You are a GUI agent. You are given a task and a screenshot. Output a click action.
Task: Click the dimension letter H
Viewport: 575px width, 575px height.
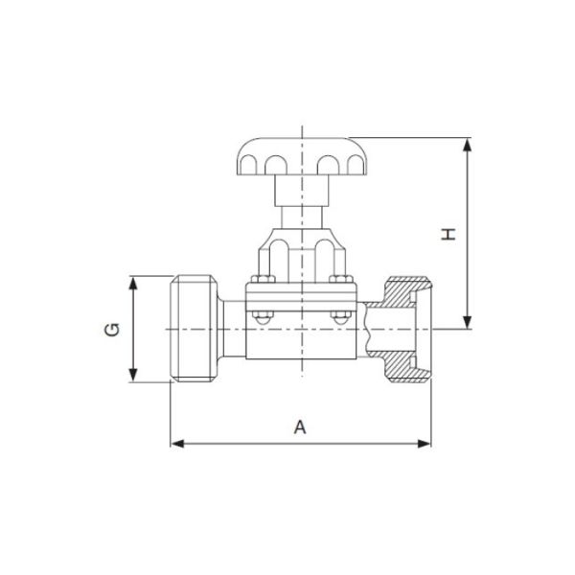tap(448, 233)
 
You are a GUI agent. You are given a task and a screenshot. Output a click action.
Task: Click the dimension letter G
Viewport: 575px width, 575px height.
tap(113, 331)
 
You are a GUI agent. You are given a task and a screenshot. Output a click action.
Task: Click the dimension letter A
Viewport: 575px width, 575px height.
tap(300, 428)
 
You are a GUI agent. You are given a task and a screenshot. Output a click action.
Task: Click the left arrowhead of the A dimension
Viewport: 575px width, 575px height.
tap(177, 443)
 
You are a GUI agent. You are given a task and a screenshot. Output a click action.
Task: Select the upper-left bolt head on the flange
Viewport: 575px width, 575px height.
tap(257, 280)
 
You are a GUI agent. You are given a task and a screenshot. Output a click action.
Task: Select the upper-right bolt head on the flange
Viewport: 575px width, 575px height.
tap(336, 280)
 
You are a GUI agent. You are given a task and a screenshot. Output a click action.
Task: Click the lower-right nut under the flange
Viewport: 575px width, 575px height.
tap(336, 317)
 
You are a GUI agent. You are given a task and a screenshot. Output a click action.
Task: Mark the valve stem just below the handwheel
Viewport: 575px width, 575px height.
tap(300, 196)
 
